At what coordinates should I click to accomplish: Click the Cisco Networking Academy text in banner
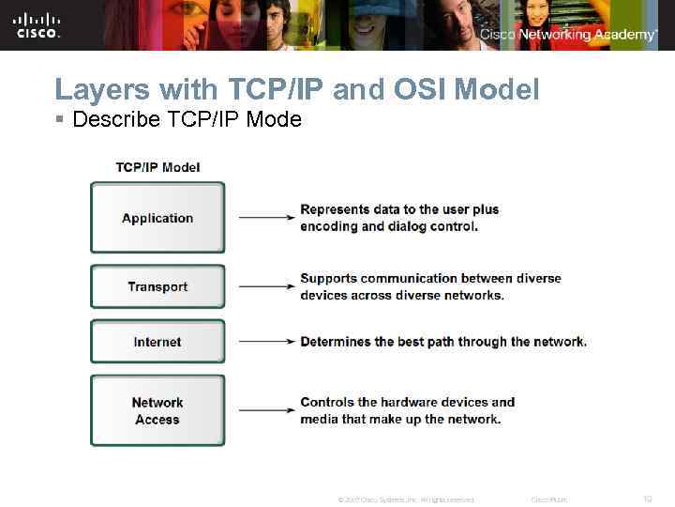pyautogui.click(x=568, y=35)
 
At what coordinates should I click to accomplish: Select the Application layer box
pyautogui.click(x=157, y=218)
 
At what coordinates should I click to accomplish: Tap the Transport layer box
pyautogui.click(x=157, y=286)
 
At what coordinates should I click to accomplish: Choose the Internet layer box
pyautogui.click(x=157, y=342)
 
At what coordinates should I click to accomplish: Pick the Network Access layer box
pyautogui.click(x=157, y=410)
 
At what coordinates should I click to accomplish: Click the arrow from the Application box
pyautogui.click(x=266, y=218)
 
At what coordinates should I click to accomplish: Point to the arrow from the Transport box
pyautogui.click(x=266, y=286)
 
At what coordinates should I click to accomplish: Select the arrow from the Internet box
pyautogui.click(x=266, y=342)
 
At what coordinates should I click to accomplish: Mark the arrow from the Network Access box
pyautogui.click(x=266, y=410)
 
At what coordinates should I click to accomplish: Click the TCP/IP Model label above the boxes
pyautogui.click(x=157, y=168)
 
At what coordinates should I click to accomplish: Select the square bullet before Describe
pyautogui.click(x=60, y=121)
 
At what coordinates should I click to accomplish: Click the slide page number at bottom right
pyautogui.click(x=646, y=499)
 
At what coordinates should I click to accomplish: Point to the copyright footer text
pyautogui.click(x=405, y=499)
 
